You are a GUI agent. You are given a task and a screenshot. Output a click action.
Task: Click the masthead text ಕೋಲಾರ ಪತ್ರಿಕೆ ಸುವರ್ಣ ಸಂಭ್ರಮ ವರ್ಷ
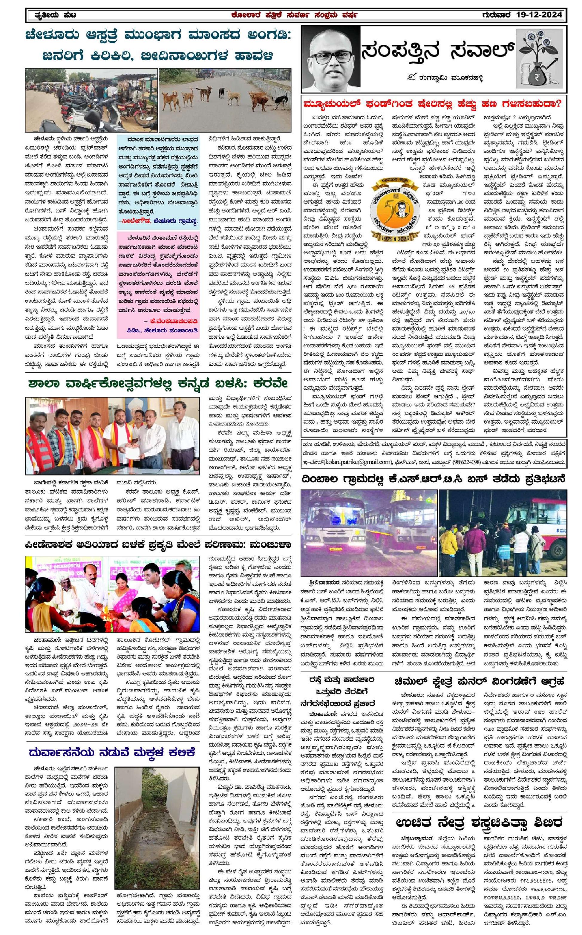point(294,15)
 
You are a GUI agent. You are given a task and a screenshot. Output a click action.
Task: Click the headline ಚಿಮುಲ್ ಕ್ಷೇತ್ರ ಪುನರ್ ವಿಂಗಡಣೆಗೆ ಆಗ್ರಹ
point(479,681)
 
